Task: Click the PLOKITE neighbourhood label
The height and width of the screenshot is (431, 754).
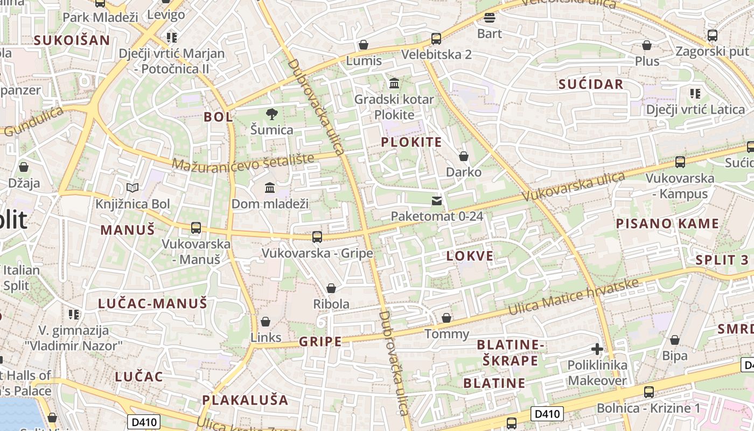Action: (x=411, y=142)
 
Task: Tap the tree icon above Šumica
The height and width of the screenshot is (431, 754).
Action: (x=272, y=114)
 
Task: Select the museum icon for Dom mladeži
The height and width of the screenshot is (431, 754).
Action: (x=270, y=187)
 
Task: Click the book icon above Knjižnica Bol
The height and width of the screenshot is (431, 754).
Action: (x=132, y=187)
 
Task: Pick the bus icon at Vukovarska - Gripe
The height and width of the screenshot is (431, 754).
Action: (x=317, y=237)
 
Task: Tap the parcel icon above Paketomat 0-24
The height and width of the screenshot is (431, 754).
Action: (x=437, y=201)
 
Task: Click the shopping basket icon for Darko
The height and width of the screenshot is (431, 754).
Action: (x=464, y=157)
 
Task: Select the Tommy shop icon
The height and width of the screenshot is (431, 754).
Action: (x=446, y=318)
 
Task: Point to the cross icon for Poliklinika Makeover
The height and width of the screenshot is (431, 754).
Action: (x=597, y=349)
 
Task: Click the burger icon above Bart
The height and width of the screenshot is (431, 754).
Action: (x=489, y=18)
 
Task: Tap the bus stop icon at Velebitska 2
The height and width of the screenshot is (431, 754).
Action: (x=436, y=39)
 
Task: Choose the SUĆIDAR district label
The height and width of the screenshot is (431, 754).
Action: (x=591, y=84)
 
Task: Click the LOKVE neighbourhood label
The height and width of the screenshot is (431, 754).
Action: (x=470, y=256)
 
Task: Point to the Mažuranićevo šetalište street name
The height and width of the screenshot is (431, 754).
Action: (x=243, y=161)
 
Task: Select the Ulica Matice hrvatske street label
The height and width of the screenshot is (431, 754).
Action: (x=574, y=297)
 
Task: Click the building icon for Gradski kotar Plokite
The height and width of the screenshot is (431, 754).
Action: (x=394, y=84)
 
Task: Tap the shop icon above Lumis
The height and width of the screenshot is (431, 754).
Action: (x=364, y=45)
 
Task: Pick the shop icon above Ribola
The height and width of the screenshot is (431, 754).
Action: (x=331, y=289)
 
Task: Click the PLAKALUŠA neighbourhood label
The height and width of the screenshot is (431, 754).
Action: (x=246, y=400)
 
